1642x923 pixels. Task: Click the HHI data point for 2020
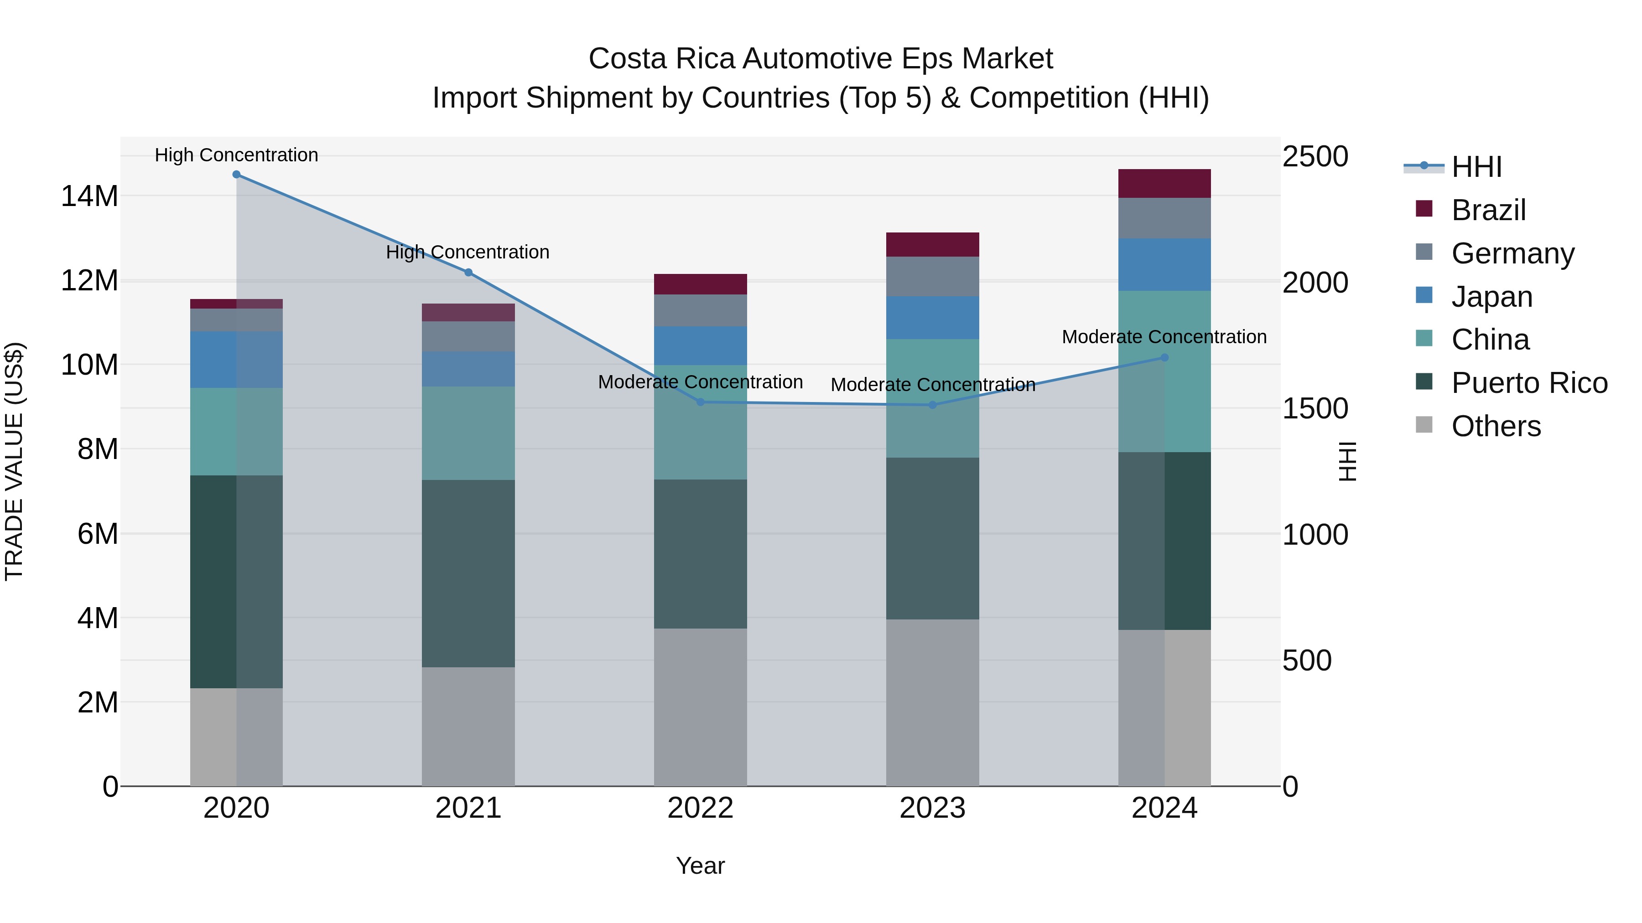(x=236, y=175)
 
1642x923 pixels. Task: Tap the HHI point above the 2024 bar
(x=1164, y=357)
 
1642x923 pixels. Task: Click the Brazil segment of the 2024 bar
(x=1164, y=183)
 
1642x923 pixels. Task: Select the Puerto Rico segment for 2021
(x=468, y=573)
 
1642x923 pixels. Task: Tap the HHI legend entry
(x=1476, y=167)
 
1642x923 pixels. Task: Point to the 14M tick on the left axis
(x=89, y=196)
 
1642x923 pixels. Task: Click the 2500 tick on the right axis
(x=1315, y=157)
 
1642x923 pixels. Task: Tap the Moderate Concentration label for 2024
(x=1164, y=337)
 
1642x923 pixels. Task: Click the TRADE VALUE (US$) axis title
(x=14, y=461)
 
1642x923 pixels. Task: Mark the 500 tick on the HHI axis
(x=1306, y=660)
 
